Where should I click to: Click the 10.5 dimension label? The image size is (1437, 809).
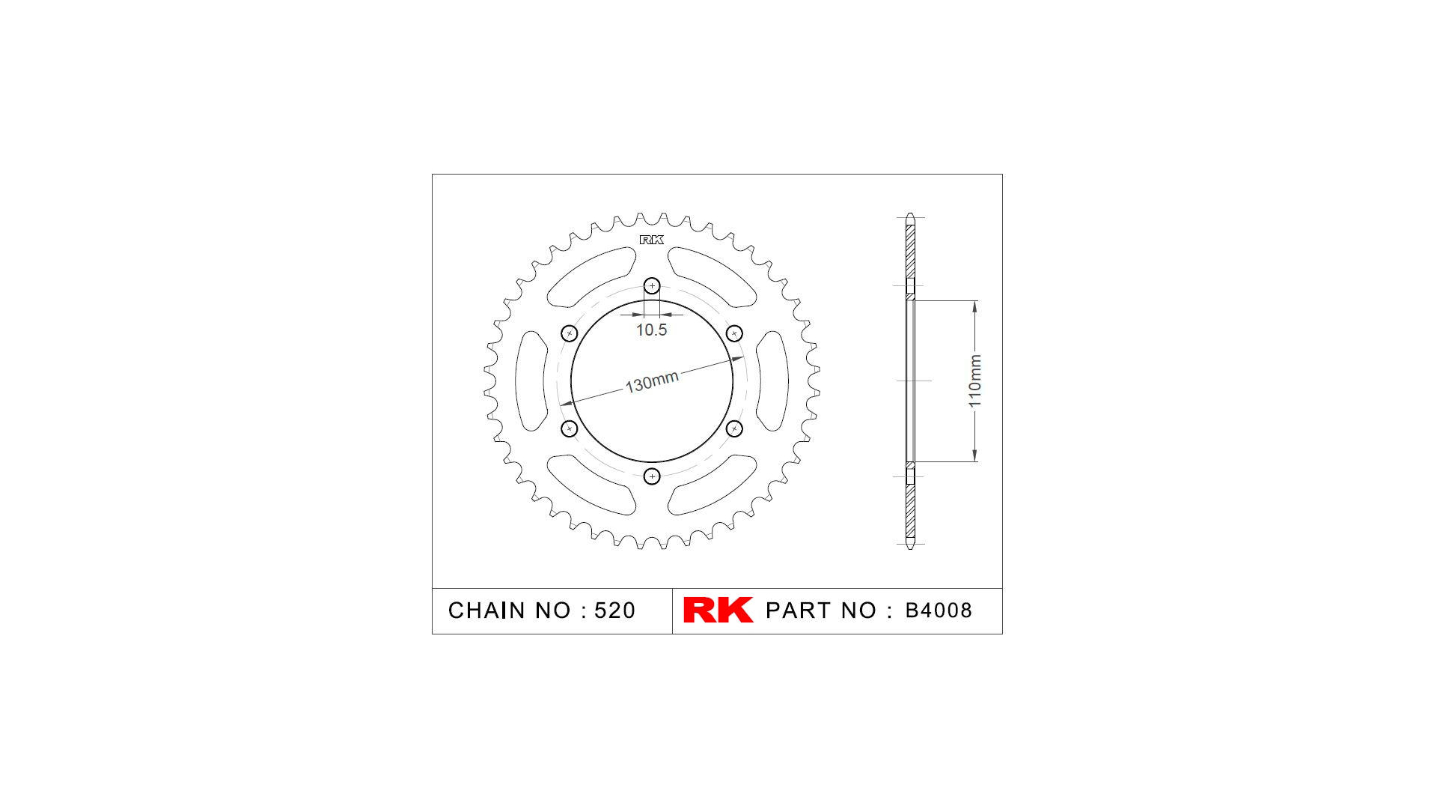(651, 330)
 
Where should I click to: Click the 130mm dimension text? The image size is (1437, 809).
(651, 381)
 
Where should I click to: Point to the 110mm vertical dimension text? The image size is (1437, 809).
(974, 381)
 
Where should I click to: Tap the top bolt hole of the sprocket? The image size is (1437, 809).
(652, 285)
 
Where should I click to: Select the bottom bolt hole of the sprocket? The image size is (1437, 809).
(652, 476)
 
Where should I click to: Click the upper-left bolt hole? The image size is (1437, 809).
(569, 333)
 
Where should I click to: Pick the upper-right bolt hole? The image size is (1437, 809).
(734, 333)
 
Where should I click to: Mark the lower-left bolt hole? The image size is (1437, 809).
(569, 428)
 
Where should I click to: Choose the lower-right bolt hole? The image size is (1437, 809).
(734, 428)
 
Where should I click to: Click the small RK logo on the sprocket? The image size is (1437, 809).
(651, 240)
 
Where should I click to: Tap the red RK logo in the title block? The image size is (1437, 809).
(717, 610)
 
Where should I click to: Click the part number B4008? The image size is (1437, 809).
(939, 610)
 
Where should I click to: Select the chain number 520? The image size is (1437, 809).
(614, 610)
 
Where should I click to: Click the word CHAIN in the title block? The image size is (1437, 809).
(486, 610)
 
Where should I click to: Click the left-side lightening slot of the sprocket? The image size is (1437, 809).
(531, 381)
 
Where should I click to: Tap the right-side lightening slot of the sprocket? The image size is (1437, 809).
(772, 381)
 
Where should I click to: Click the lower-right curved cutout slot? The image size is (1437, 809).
(711, 487)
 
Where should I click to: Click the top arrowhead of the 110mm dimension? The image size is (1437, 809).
(974, 306)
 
